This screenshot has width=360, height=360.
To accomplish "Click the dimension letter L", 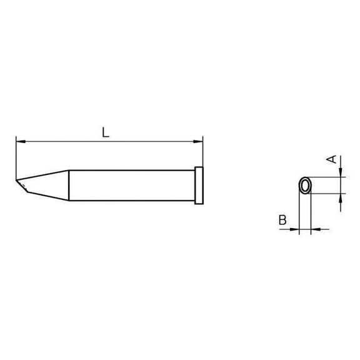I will point(106,132).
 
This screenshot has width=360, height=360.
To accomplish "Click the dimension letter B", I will point(282,219).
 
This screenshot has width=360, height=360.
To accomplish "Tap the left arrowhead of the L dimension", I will point(18,141).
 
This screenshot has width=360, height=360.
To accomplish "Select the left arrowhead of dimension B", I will point(296,230).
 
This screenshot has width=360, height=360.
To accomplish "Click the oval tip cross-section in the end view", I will point(306,186).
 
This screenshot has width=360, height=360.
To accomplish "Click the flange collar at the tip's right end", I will point(199,185).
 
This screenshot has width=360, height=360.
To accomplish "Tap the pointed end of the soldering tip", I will point(17,182).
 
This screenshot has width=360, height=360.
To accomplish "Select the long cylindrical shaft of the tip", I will point(131,185).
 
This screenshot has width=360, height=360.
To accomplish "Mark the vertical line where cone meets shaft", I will point(68,185).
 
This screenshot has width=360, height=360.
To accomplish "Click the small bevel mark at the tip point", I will point(24,186).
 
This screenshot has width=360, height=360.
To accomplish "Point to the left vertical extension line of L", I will point(15,156).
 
